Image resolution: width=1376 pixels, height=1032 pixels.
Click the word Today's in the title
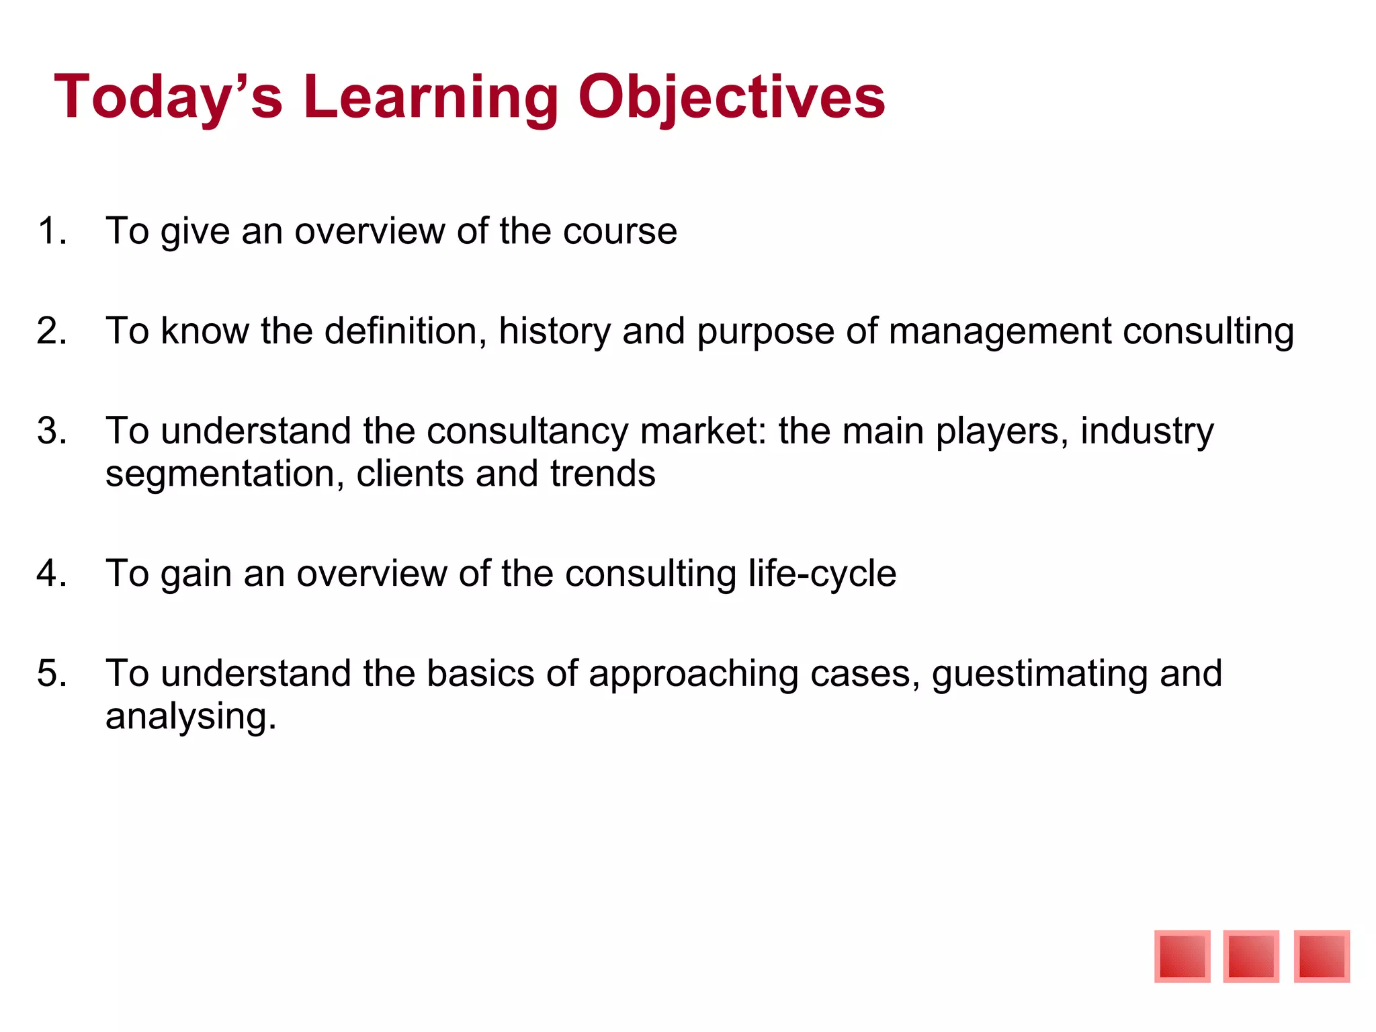[168, 98]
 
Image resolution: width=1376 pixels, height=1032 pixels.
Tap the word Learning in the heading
[430, 98]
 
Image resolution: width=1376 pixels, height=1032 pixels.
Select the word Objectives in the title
[731, 98]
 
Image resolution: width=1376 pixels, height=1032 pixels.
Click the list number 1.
[51, 231]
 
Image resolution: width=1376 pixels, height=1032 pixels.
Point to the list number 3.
[51, 431]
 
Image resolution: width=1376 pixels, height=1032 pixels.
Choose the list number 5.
[51, 673]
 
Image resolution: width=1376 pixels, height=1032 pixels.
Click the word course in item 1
[619, 231]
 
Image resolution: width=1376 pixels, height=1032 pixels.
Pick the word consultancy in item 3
[527, 431]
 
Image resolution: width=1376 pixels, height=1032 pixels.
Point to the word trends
[602, 473]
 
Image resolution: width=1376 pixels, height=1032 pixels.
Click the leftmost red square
[1182, 956]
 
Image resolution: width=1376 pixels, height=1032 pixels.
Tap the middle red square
[1251, 956]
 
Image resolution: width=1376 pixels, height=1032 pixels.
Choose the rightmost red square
[1322, 956]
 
